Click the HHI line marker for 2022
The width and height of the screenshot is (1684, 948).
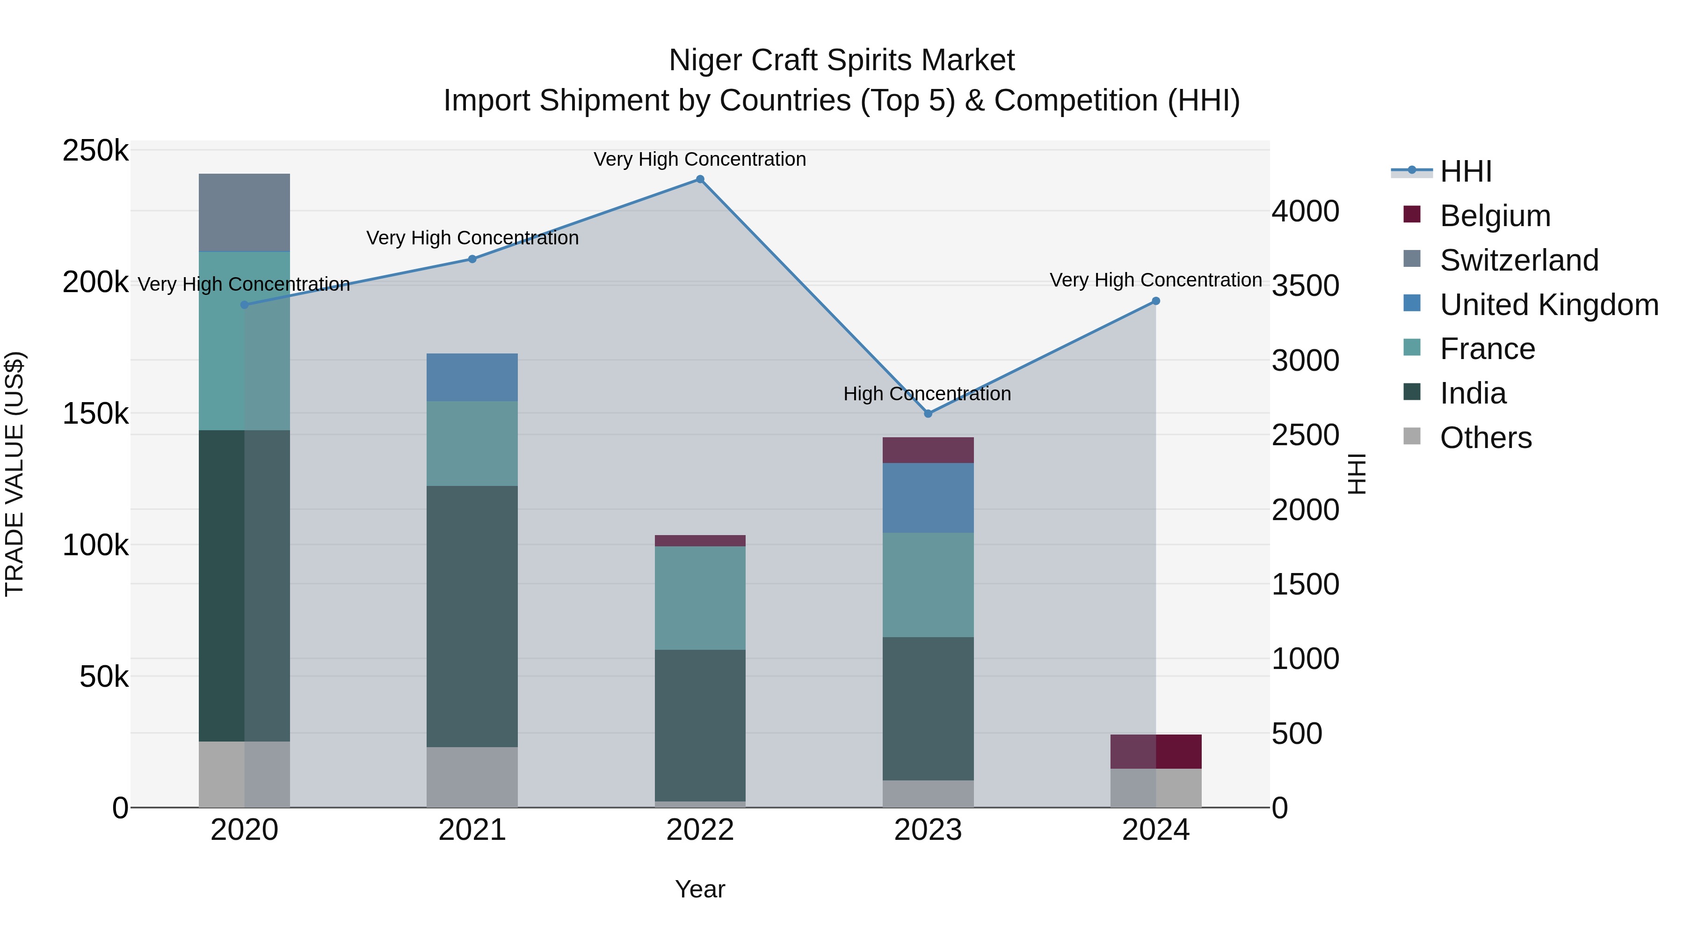[x=699, y=179]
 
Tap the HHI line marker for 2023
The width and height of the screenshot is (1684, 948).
[x=928, y=413]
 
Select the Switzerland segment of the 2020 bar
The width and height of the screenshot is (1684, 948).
[x=244, y=212]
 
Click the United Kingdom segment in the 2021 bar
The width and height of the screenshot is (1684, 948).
[x=472, y=377]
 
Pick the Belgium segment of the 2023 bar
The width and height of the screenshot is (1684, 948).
[x=928, y=450]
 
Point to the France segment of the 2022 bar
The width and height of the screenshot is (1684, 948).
[x=699, y=597]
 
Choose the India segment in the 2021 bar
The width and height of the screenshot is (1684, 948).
[x=472, y=616]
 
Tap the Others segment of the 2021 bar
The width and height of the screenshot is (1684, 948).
[x=472, y=777]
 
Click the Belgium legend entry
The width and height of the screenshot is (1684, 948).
[x=1495, y=216]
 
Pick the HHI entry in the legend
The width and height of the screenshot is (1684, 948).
[x=1465, y=171]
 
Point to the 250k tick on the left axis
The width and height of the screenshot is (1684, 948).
[x=95, y=151]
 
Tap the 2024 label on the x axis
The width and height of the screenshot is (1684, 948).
[x=1155, y=830]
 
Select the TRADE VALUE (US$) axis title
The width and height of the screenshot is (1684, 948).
[x=15, y=474]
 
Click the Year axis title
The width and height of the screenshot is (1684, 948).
[x=699, y=889]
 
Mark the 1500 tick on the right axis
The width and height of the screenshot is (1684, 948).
[x=1305, y=584]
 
